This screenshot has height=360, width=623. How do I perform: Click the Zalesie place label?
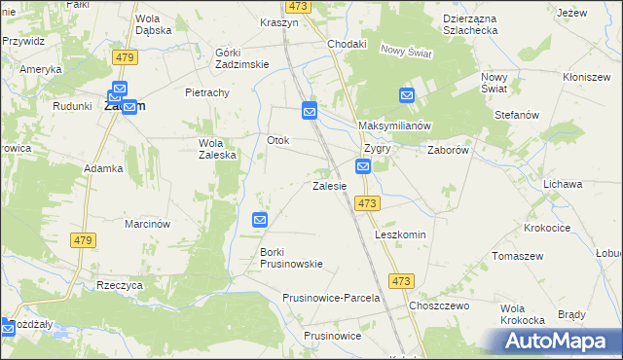pos(329,185)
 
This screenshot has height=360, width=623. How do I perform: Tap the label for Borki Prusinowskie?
pos(291,258)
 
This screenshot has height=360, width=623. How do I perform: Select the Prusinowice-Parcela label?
pos(330,298)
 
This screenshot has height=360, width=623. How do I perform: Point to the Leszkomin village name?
pos(401,235)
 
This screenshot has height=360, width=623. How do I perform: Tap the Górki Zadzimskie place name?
pos(241,57)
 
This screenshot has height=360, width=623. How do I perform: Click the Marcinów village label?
pos(148,224)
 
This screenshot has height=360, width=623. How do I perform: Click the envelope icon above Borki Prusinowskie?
pos(260,221)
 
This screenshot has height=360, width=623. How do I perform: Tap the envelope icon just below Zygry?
pos(363,167)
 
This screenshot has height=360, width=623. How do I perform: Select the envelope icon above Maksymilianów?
pos(407,95)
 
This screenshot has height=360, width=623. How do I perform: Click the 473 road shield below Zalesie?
pos(367,202)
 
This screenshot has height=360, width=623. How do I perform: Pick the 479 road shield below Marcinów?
pos(82,239)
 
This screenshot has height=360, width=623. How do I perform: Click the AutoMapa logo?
pos(560,341)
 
